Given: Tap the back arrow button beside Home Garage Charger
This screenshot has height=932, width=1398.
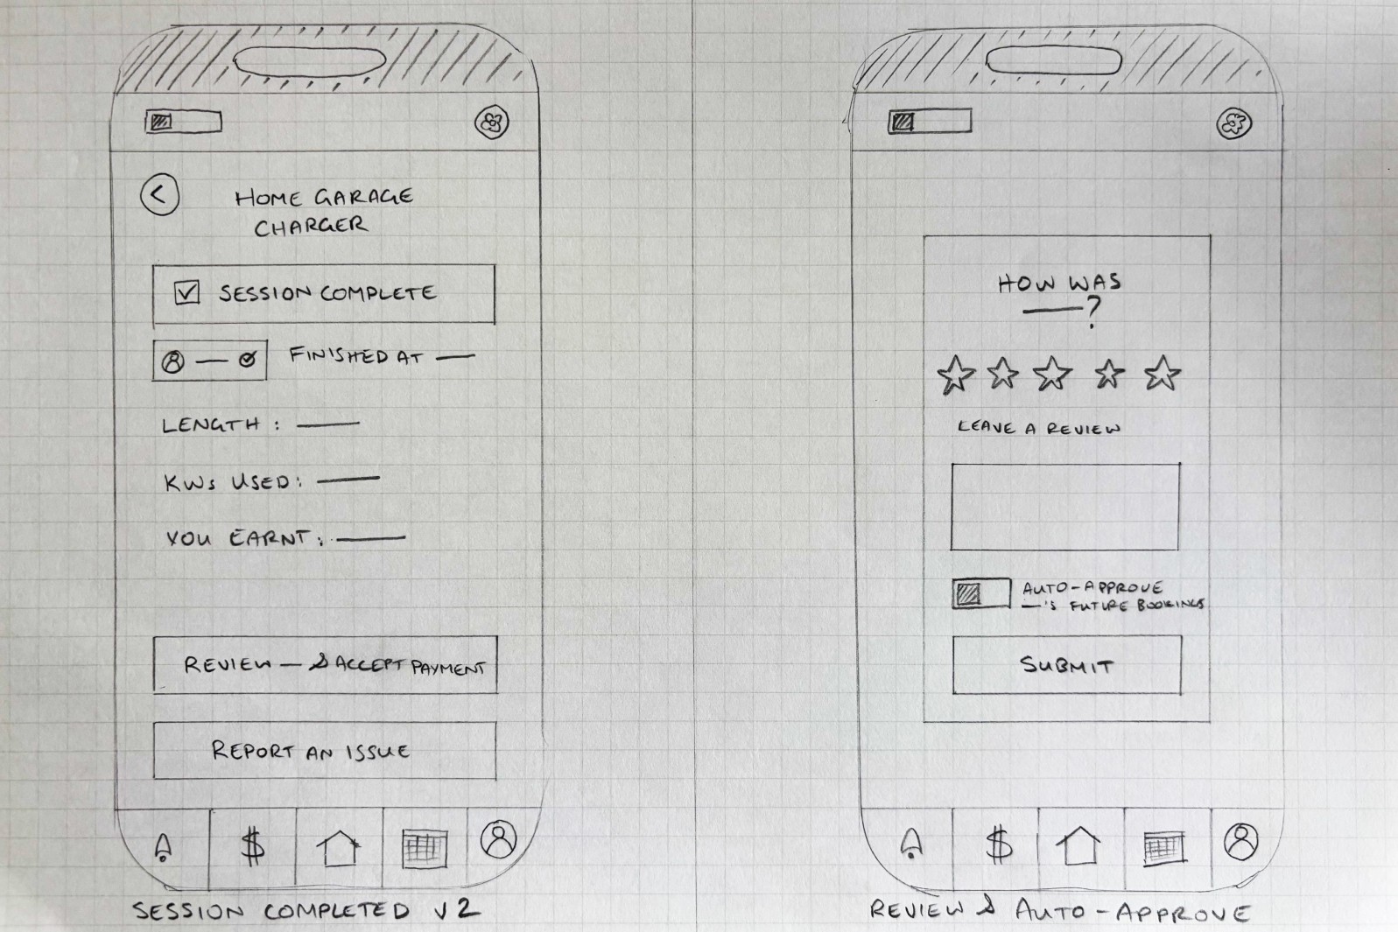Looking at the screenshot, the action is click(x=160, y=194).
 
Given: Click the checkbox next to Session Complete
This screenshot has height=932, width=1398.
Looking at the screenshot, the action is click(x=186, y=292).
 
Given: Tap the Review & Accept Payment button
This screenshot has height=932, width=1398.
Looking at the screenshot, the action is click(x=325, y=665).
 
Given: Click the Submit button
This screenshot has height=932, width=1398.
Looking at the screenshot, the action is click(x=1066, y=665).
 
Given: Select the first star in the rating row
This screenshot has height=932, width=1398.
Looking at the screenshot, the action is click(x=956, y=375).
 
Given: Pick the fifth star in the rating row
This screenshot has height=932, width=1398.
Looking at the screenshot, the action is click(x=1163, y=373).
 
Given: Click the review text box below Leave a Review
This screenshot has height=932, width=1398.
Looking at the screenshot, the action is click(x=1064, y=507).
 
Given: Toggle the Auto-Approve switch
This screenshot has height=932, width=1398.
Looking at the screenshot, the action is click(x=981, y=593).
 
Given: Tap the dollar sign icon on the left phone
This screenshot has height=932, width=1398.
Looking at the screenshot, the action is click(x=252, y=846).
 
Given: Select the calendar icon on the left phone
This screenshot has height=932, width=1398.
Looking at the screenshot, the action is click(x=425, y=848).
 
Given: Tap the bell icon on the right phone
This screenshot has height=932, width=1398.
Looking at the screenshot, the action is click(x=911, y=844).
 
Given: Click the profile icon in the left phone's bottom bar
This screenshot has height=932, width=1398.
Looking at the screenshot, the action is click(x=499, y=839).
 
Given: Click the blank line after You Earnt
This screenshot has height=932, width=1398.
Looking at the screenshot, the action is click(x=370, y=537).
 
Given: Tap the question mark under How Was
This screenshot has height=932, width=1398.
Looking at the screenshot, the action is click(x=1092, y=312).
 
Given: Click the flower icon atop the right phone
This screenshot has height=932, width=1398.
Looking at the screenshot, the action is click(x=1233, y=123).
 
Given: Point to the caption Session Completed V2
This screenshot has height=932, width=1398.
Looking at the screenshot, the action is click(x=306, y=911).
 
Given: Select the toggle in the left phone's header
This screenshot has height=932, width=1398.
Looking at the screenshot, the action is click(x=184, y=122).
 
